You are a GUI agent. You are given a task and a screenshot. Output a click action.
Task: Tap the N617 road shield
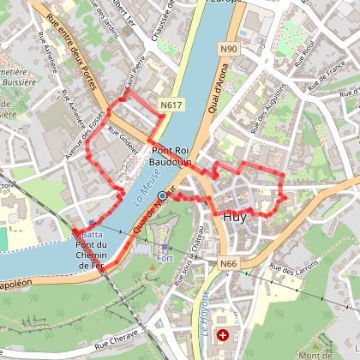pos(171,105)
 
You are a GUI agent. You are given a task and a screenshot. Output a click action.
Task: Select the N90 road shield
pos(228,51)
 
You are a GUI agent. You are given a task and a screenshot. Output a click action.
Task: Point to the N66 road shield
pos(228,264)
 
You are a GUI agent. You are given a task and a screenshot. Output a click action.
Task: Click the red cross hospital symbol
pos(224,335)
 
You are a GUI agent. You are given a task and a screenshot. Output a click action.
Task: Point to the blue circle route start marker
pos(162,196)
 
